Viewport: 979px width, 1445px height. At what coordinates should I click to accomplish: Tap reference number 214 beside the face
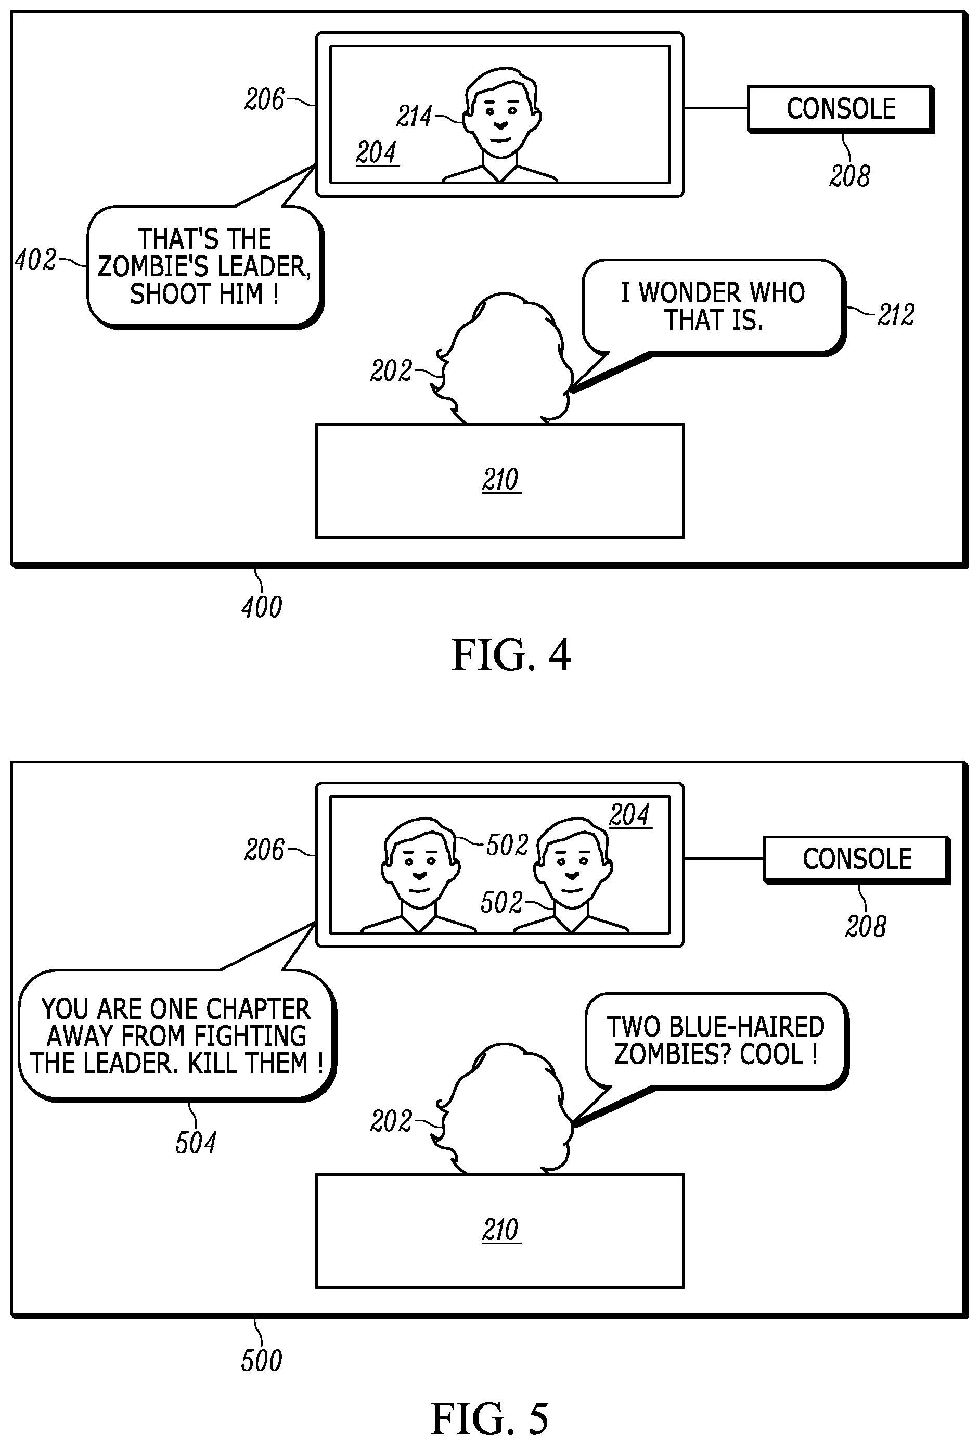tap(414, 116)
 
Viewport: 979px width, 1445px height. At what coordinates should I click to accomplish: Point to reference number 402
tap(35, 260)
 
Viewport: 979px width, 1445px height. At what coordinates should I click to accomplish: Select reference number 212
tap(895, 315)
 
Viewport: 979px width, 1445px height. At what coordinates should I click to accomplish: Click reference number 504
tap(195, 1143)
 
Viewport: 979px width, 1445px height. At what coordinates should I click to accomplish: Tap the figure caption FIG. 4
tap(510, 655)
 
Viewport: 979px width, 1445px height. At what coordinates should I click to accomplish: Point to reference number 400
tap(262, 607)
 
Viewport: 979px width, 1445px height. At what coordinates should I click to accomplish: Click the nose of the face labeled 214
tap(500, 124)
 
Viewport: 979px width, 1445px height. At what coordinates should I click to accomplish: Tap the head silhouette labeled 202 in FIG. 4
tap(504, 361)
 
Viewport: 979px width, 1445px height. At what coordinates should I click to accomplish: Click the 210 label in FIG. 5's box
tap(500, 1230)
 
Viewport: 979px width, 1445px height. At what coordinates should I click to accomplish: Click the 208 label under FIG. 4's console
tap(849, 176)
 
